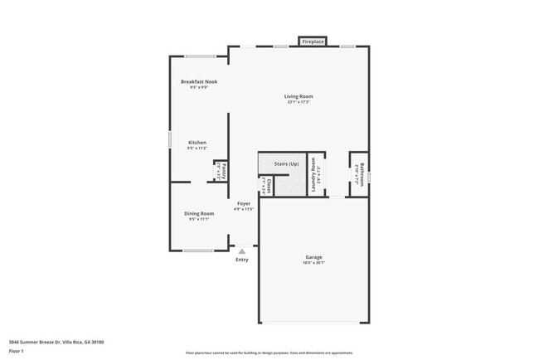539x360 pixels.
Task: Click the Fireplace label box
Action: click(313, 41)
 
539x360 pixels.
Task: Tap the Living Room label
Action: click(299, 96)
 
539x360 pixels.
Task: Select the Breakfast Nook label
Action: click(198, 81)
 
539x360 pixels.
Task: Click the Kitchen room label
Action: click(197, 143)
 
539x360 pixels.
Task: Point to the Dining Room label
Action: click(199, 213)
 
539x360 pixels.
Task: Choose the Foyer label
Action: click(244, 203)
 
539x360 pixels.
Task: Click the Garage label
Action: click(313, 257)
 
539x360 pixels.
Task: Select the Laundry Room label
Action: click(314, 176)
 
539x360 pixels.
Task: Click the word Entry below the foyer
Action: click(241, 260)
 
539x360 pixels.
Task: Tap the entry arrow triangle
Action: click(241, 250)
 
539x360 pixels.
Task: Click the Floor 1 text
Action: click(17, 351)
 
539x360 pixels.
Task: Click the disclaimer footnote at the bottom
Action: click(269, 353)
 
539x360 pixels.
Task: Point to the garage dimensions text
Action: click(313, 263)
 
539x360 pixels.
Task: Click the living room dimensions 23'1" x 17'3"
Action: click(299, 102)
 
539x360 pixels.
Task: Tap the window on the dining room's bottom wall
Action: click(198, 251)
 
